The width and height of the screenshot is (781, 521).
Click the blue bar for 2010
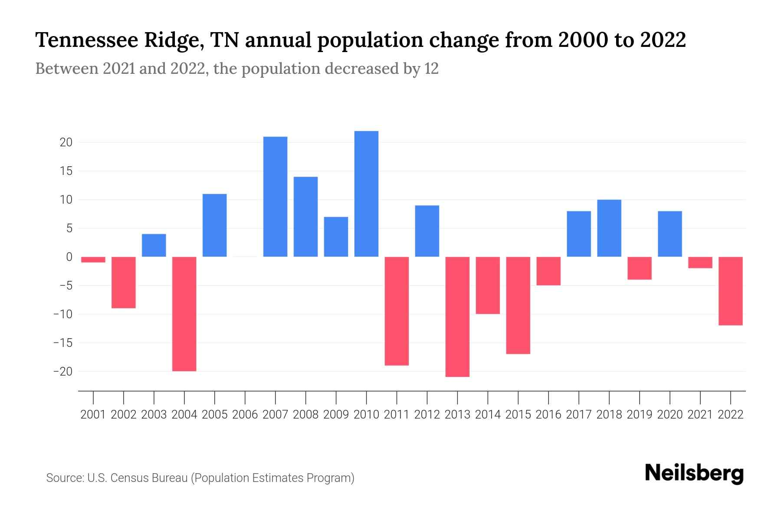(x=366, y=194)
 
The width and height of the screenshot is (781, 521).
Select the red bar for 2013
(x=457, y=317)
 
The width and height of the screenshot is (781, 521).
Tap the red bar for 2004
(x=184, y=314)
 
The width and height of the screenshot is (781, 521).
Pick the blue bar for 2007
(x=275, y=197)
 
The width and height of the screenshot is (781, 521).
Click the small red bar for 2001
(x=93, y=260)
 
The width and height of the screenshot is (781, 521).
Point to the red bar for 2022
(x=731, y=291)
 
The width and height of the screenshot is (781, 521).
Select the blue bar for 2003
(x=154, y=245)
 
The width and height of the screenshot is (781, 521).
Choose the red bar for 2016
(x=548, y=271)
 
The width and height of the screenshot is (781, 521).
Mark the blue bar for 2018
(x=609, y=228)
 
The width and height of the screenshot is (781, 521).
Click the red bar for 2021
(x=700, y=262)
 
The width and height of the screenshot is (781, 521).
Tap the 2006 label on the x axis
(x=245, y=415)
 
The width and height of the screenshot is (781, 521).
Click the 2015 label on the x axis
(x=518, y=415)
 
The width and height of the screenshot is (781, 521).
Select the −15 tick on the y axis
(x=62, y=343)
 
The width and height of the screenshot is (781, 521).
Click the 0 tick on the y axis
(x=69, y=257)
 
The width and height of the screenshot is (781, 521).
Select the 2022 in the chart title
(x=663, y=40)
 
